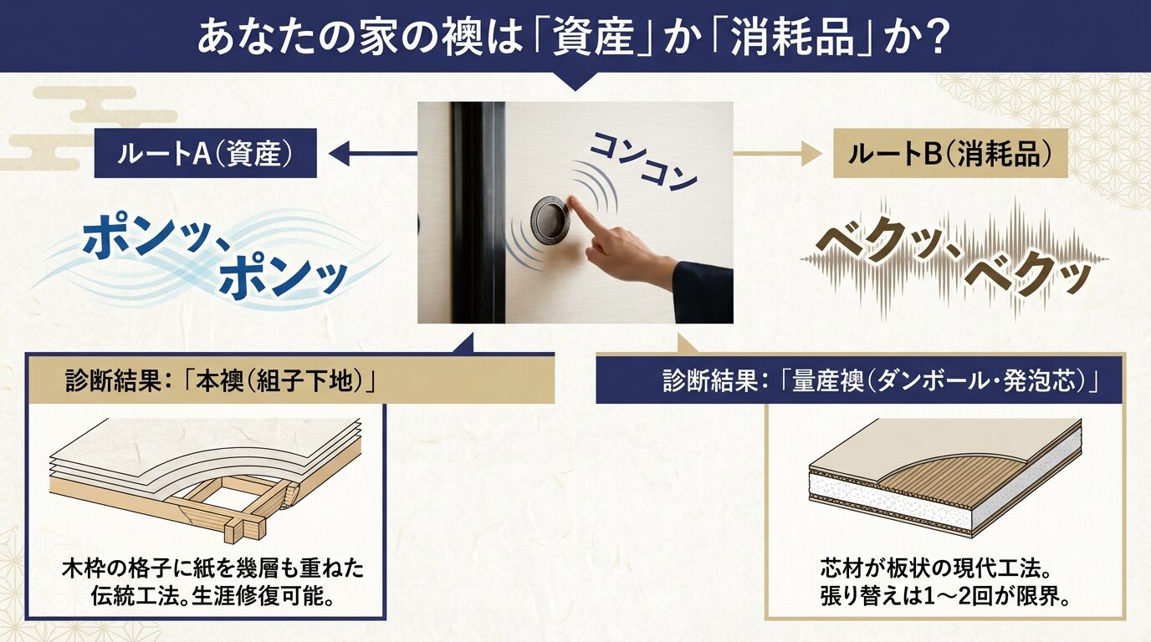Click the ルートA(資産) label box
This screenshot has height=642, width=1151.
point(206,153)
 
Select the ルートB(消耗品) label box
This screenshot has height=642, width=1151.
point(950,153)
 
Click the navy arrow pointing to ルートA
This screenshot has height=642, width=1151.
point(372,153)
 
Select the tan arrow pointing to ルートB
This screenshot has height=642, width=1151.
point(777,153)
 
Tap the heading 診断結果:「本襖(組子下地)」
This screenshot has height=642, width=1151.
point(220,380)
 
